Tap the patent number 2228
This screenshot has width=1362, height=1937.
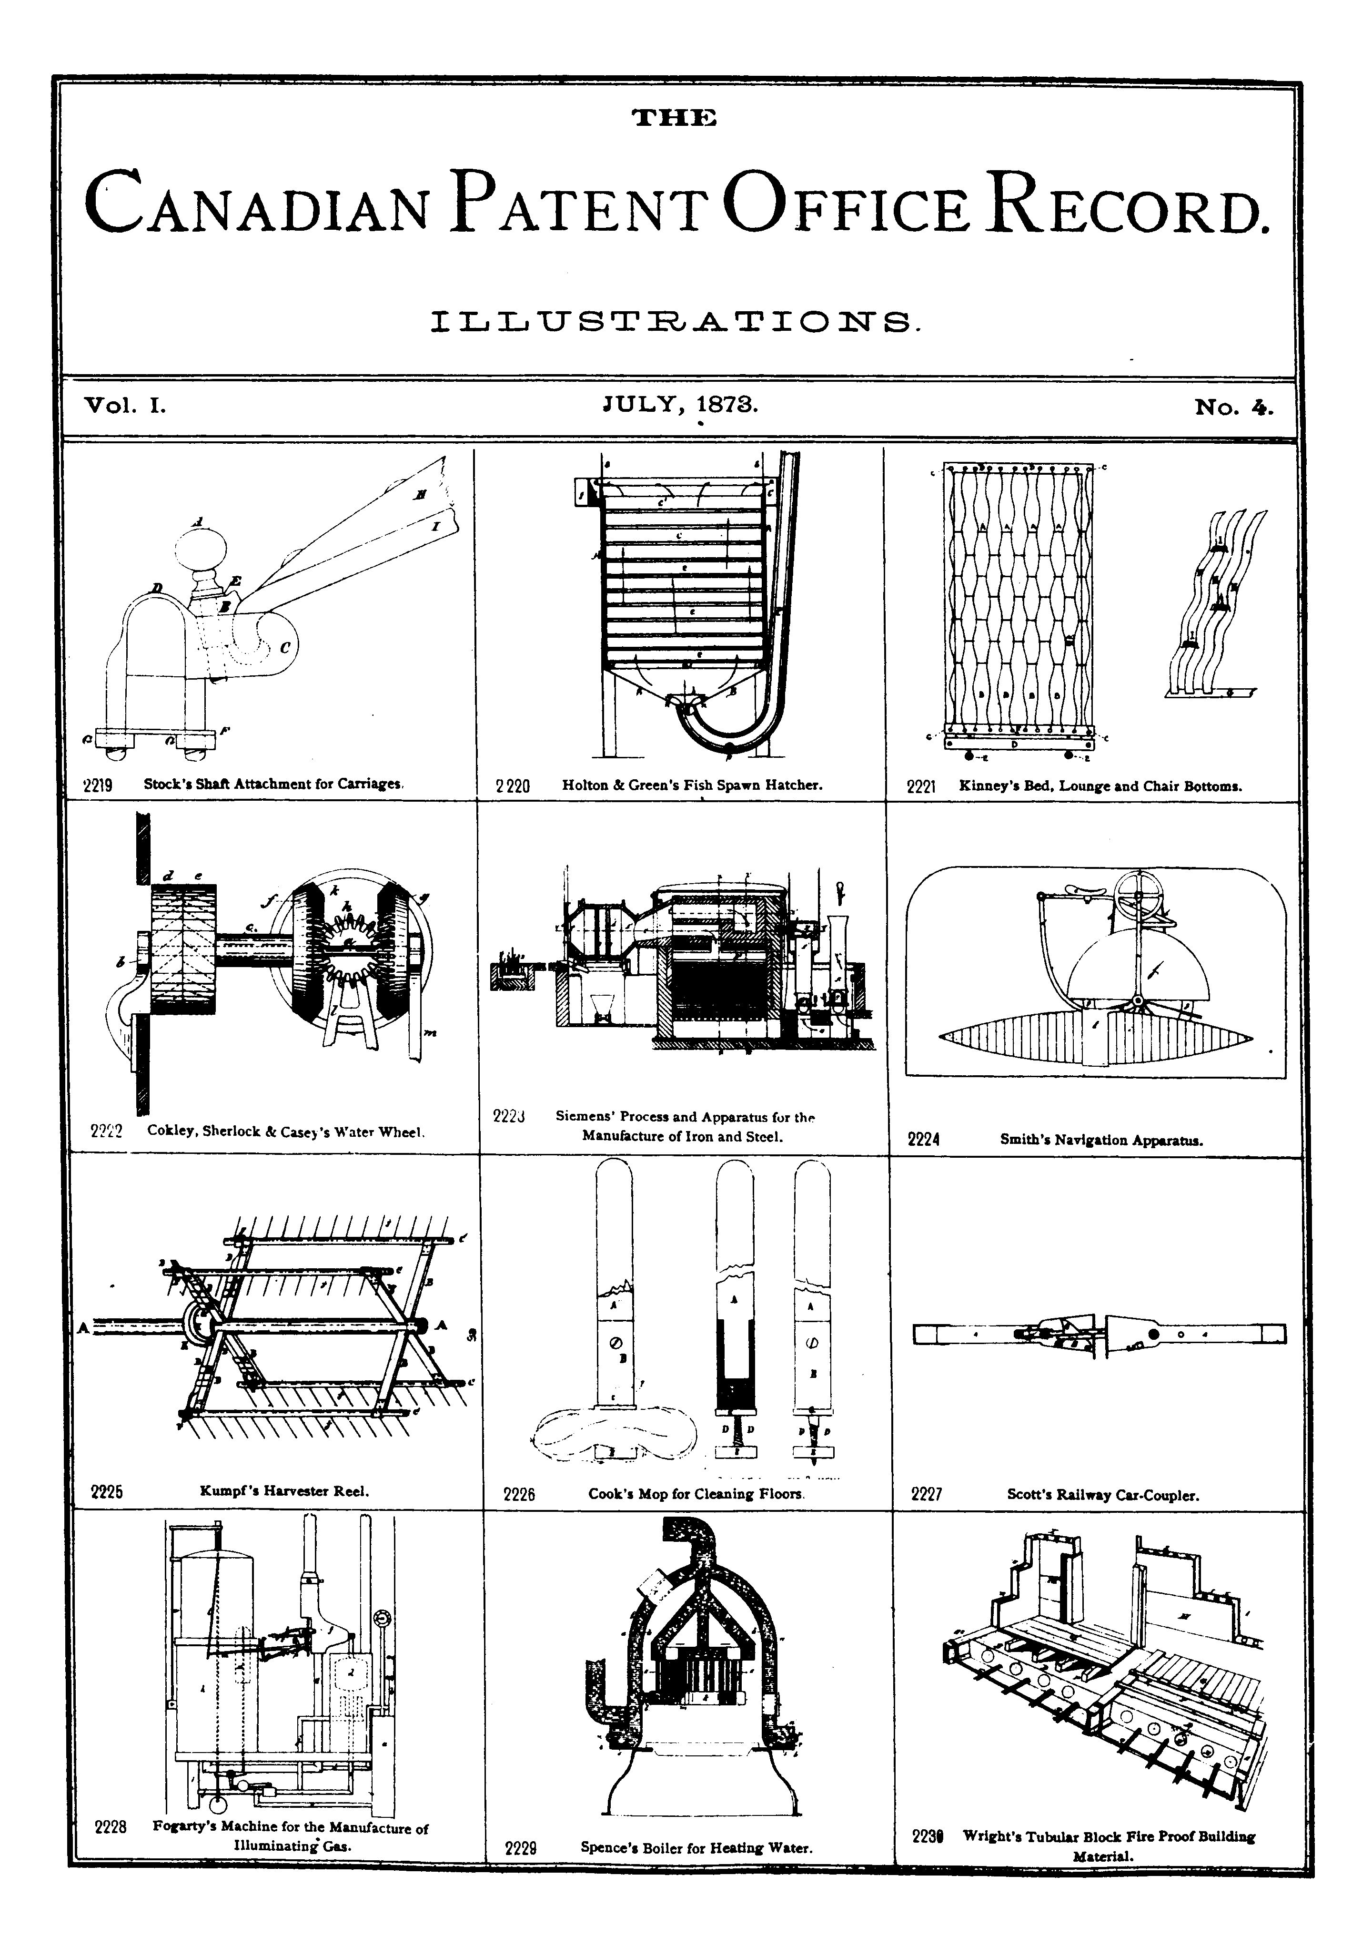coord(111,1827)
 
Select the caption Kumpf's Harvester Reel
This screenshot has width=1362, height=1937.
coord(284,1491)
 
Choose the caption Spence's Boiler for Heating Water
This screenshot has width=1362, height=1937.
coord(696,1847)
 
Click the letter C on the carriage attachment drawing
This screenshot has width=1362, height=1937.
coord(284,648)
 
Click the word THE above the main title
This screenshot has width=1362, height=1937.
coord(675,117)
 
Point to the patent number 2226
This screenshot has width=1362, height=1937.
coord(519,1494)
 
